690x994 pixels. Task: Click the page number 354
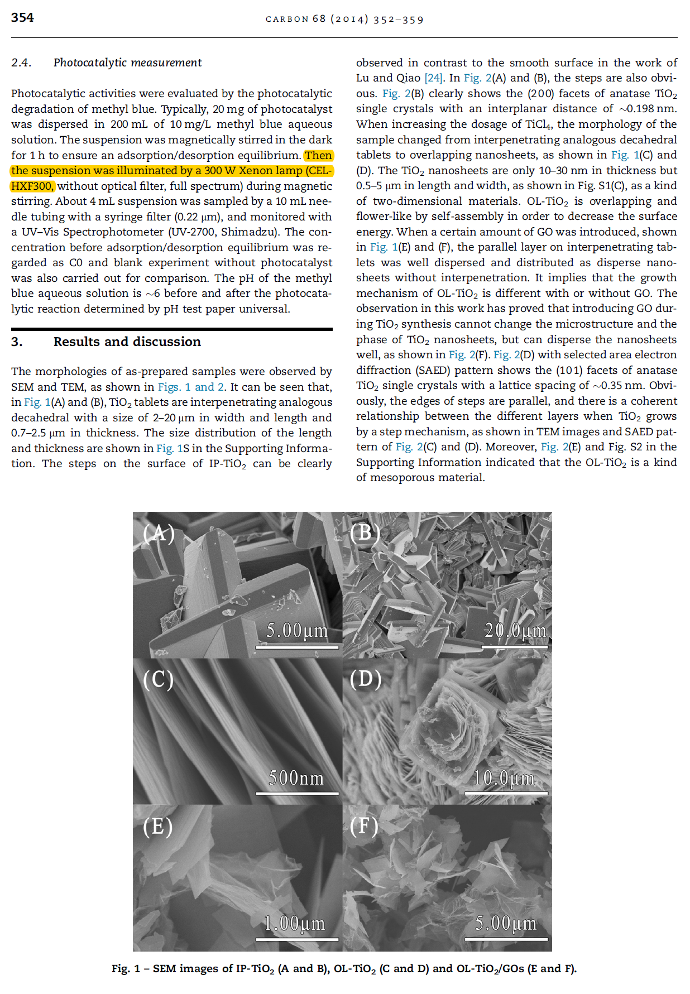pyautogui.click(x=22, y=18)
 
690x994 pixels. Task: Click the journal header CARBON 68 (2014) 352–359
pyautogui.click(x=344, y=20)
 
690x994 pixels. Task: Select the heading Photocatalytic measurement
pyautogui.click(x=127, y=63)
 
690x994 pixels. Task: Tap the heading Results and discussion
pyautogui.click(x=127, y=342)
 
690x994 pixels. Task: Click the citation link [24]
pyautogui.click(x=434, y=78)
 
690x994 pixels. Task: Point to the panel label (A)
pyautogui.click(x=159, y=534)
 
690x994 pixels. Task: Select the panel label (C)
pyautogui.click(x=158, y=679)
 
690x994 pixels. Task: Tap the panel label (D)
pyautogui.click(x=366, y=679)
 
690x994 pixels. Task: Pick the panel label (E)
pyautogui.click(x=157, y=826)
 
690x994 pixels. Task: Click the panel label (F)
pyautogui.click(x=364, y=825)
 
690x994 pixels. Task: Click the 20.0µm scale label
pyautogui.click(x=515, y=631)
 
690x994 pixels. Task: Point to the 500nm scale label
pyautogui.click(x=296, y=777)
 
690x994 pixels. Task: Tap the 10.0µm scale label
pyautogui.click(x=504, y=777)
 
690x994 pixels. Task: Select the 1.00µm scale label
pyautogui.click(x=295, y=923)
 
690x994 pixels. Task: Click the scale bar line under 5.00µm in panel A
pyautogui.click(x=297, y=647)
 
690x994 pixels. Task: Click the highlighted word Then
pyautogui.click(x=318, y=155)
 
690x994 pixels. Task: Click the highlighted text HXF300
pyautogui.click(x=32, y=186)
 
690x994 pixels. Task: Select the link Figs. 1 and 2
pyautogui.click(x=191, y=387)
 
